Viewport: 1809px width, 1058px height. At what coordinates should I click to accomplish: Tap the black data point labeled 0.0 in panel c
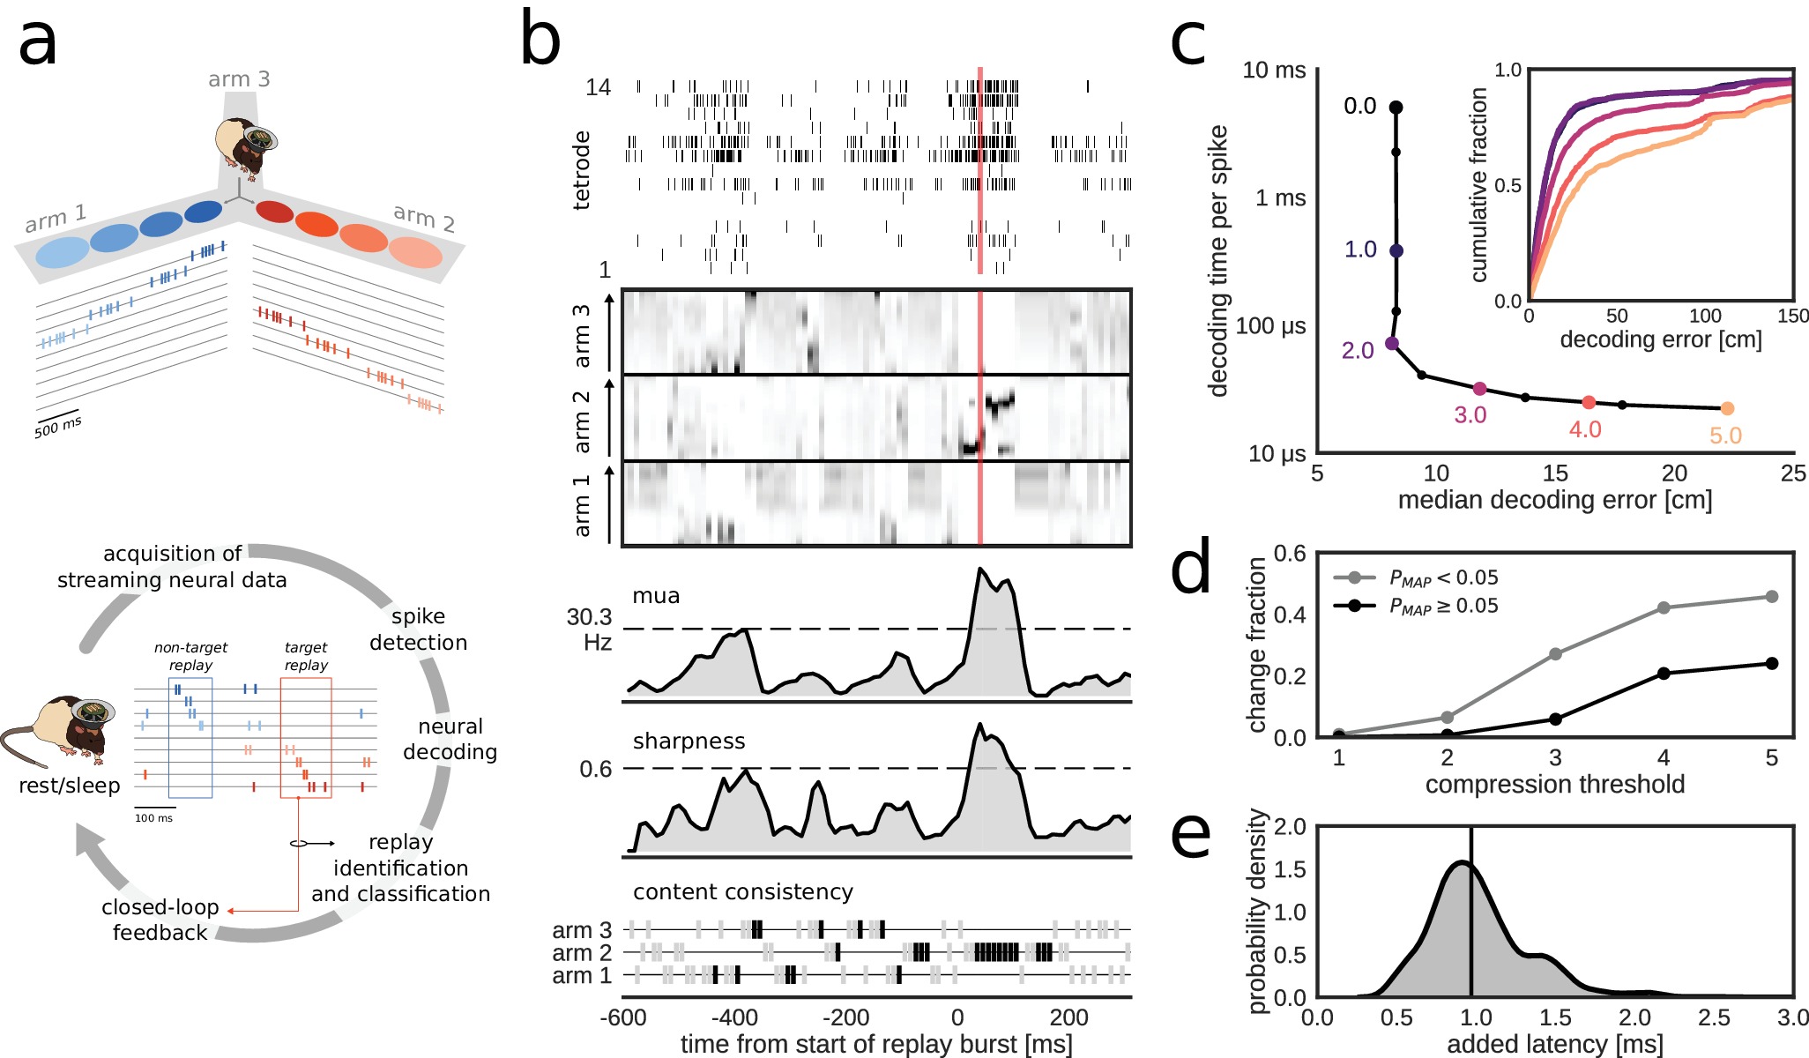(1396, 108)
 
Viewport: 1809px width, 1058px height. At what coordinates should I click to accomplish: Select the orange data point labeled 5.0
(1727, 408)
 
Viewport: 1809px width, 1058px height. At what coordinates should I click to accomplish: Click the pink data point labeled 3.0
(1479, 389)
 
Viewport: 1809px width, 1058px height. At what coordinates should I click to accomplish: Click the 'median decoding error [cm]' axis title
(1554, 501)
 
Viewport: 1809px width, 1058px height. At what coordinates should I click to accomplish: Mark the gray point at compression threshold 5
(1772, 597)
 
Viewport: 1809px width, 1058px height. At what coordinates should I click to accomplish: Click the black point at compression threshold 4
(1664, 674)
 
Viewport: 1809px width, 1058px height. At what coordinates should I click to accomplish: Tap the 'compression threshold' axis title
(1554, 785)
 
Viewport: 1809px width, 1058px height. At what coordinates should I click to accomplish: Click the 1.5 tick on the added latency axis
(1555, 1018)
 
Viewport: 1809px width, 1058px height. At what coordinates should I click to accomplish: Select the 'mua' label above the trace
(656, 596)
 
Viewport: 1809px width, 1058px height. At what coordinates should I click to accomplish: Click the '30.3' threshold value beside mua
(589, 617)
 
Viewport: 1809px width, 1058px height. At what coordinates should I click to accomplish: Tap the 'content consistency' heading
(742, 892)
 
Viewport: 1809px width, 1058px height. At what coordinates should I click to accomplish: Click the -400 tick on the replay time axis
(733, 1018)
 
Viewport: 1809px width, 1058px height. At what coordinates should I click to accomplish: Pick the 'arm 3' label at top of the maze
(239, 79)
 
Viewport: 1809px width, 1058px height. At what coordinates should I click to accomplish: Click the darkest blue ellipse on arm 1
(203, 212)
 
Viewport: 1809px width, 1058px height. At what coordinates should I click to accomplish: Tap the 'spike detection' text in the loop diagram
(418, 630)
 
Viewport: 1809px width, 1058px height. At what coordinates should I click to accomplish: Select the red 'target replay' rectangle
(306, 738)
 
